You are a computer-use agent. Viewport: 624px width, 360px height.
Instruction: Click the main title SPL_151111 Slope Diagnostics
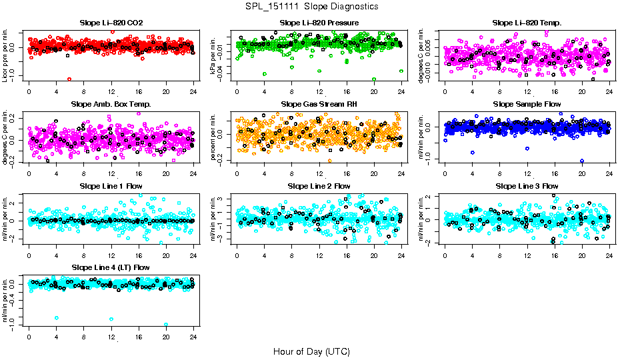coord(311,6)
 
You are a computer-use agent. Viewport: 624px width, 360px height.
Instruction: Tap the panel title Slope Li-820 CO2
coord(111,23)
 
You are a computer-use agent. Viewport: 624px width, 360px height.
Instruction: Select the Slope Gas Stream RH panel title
coord(319,104)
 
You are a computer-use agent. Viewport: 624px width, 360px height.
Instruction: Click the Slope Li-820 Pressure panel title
coord(319,23)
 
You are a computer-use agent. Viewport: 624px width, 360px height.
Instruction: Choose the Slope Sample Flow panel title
coord(527,104)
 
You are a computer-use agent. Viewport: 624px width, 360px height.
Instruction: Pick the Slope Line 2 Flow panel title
coord(319,186)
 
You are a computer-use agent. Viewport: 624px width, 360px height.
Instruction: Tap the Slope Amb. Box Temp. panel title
coord(111,104)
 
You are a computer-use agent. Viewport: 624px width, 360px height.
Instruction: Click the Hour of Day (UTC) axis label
coord(311,351)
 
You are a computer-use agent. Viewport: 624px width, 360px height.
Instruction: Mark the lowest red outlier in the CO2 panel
coord(69,79)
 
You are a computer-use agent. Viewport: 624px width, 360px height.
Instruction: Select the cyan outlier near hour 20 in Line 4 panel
coord(166,325)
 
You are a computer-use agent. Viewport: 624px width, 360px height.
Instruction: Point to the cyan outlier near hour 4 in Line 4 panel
coord(57,318)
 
